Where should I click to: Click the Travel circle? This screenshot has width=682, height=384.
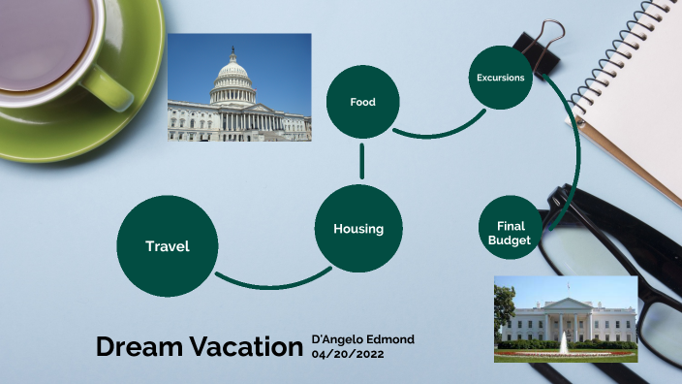tap(167, 246)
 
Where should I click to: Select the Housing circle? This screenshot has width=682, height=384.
tap(358, 229)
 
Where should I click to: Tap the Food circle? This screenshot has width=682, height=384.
tap(362, 102)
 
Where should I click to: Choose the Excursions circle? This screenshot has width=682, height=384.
tap(501, 78)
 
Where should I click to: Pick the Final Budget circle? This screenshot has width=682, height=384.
tap(510, 233)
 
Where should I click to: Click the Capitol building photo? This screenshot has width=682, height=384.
tap(239, 87)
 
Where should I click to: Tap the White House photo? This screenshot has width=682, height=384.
tap(565, 318)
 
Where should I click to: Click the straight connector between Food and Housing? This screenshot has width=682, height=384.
tap(361, 160)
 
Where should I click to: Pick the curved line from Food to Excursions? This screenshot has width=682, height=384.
tap(436, 134)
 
